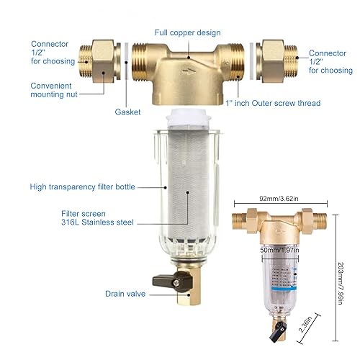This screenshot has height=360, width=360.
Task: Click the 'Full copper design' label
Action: pyautogui.click(x=187, y=32)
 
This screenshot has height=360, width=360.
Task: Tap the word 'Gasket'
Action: pyautogui.click(x=127, y=112)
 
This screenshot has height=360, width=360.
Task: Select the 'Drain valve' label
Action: pyautogui.click(x=125, y=294)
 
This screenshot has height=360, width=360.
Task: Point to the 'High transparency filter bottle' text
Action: pyautogui.click(x=82, y=186)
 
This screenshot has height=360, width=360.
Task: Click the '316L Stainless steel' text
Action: pyautogui.click(x=97, y=222)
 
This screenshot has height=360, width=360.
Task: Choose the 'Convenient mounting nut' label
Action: pyautogui.click(x=54, y=90)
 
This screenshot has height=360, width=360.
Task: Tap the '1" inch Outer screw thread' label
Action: pyautogui.click(x=273, y=103)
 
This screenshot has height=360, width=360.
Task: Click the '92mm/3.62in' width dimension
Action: pyautogui.click(x=279, y=199)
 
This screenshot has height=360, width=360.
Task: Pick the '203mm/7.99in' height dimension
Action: pyautogui.click(x=340, y=284)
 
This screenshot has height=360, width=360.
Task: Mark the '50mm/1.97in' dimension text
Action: pyautogui.click(x=279, y=250)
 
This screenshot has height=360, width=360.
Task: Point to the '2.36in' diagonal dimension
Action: pyautogui.click(x=305, y=324)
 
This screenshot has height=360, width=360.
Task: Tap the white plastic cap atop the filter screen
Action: pyautogui.click(x=189, y=117)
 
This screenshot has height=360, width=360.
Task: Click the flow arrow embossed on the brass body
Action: pyautogui.click(x=189, y=71)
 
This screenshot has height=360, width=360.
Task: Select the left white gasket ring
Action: pyautogui.click(x=127, y=61)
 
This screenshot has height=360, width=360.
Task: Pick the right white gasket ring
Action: pyautogui.click(x=251, y=61)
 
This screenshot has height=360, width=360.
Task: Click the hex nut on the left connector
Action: pyautogui.click(x=103, y=61)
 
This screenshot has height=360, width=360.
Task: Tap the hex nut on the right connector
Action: pyautogui.click(x=273, y=61)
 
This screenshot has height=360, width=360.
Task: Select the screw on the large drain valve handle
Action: pyautogui.click(x=176, y=283)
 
